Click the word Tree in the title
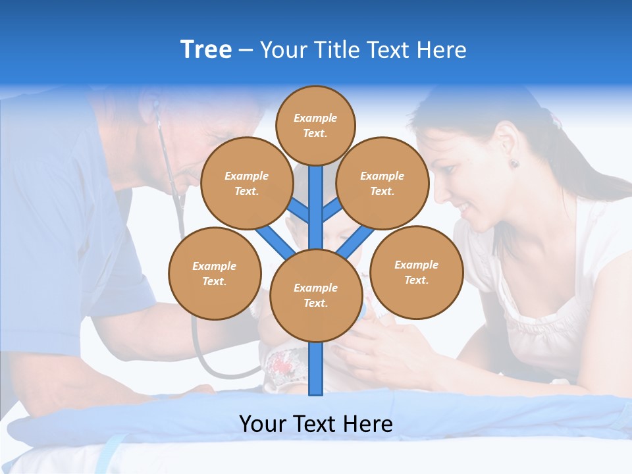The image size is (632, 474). [x=206, y=50]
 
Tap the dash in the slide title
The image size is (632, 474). [x=246, y=51]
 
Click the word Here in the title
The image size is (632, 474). [x=442, y=50]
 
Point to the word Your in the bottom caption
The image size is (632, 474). [x=263, y=424]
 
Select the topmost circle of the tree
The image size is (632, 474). [x=315, y=125]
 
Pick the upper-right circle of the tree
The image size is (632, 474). [x=382, y=184]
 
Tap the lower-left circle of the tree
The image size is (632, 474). [x=215, y=273]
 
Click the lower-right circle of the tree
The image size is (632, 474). [x=416, y=273]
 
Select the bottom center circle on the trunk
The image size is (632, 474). [x=315, y=296]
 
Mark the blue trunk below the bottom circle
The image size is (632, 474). [x=316, y=369]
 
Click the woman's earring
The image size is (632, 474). [x=514, y=163]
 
